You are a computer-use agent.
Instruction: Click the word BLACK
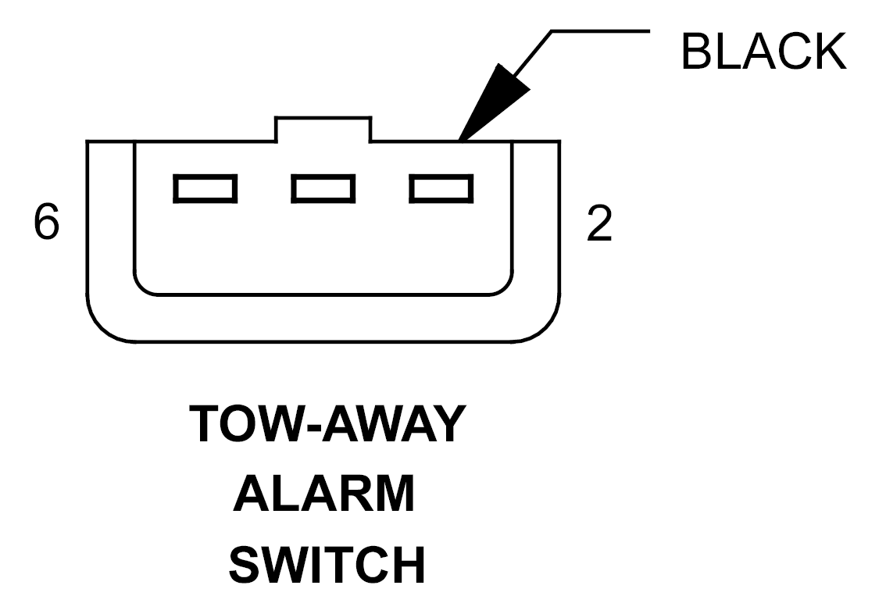764,52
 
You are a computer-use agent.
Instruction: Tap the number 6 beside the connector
46,222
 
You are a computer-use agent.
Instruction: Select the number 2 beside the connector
599,223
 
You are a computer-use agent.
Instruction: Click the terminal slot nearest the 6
205,189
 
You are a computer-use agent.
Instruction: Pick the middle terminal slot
323,189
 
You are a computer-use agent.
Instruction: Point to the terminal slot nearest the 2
441,189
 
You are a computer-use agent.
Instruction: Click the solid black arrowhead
493,102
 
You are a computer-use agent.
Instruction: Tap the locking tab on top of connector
323,130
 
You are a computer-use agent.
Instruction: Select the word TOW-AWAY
327,423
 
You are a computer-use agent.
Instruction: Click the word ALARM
324,494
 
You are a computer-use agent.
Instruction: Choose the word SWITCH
327,565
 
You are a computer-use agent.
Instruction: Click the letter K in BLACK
830,52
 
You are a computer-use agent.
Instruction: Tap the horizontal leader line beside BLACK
600,31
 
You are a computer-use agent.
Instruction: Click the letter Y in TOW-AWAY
448,423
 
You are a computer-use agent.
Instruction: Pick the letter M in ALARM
395,494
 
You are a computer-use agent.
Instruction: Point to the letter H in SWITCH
408,565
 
